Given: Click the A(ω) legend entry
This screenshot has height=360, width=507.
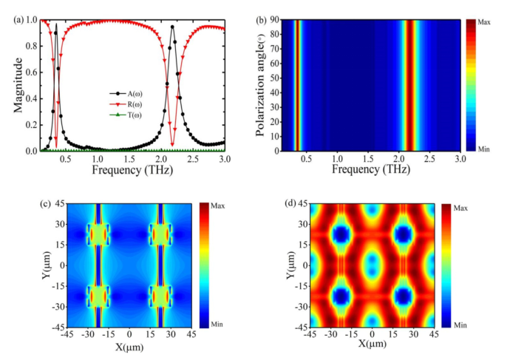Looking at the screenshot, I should pyautogui.click(x=132, y=94).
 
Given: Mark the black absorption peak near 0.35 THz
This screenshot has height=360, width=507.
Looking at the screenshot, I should pyautogui.click(x=55, y=24).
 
